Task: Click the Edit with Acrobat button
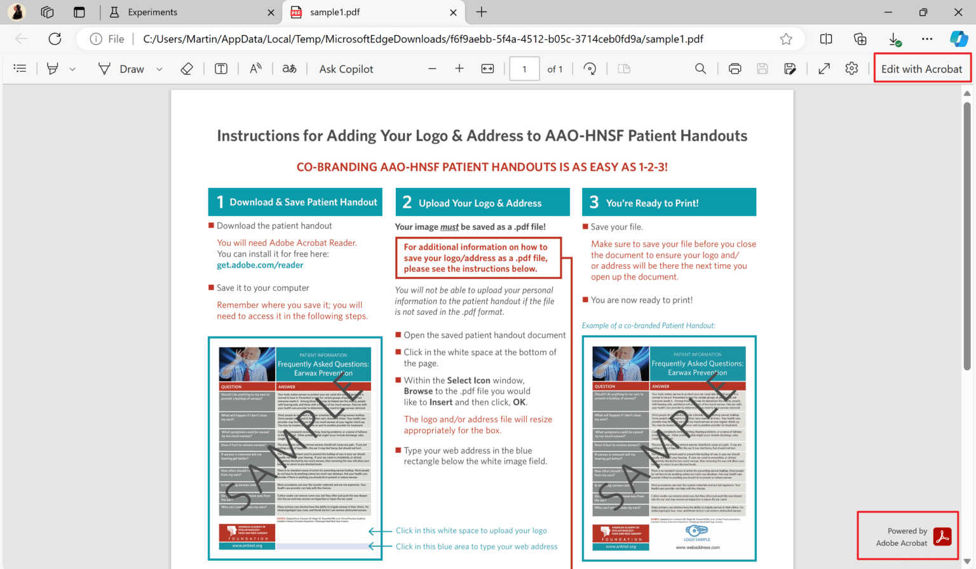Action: pyautogui.click(x=921, y=69)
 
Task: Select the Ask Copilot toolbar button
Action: pyautogui.click(x=346, y=69)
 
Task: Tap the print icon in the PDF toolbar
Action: pyautogui.click(x=735, y=69)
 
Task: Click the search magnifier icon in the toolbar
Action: pyautogui.click(x=700, y=69)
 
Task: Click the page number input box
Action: pyautogui.click(x=524, y=69)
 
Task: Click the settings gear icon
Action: pyautogui.click(x=851, y=69)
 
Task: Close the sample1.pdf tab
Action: pyautogui.click(x=453, y=12)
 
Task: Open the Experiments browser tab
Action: pyautogui.click(x=152, y=12)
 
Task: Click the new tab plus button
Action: pyautogui.click(x=482, y=12)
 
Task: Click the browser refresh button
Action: pyautogui.click(x=55, y=39)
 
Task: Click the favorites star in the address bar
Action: pyautogui.click(x=786, y=39)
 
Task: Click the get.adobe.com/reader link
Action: pyautogui.click(x=260, y=265)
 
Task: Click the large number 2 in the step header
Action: pyautogui.click(x=407, y=202)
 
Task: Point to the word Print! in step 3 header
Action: pyautogui.click(x=686, y=203)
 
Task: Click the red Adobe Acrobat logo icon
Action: pyautogui.click(x=942, y=537)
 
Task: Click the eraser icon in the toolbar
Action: pyautogui.click(x=187, y=69)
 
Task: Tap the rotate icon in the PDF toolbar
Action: pyautogui.click(x=590, y=69)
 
